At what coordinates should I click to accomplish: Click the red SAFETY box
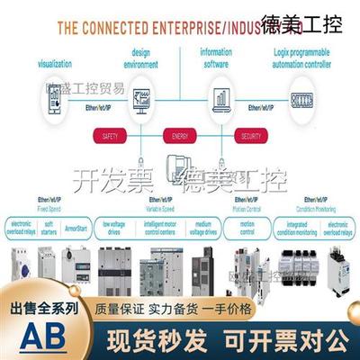111,136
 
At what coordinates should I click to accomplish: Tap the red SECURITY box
251,136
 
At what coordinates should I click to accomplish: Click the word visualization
56,64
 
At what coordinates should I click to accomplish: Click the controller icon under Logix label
302,96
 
